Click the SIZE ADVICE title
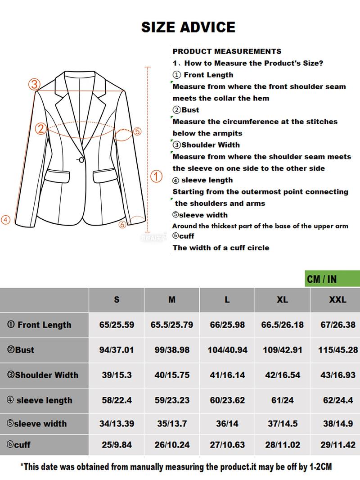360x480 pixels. point(188,27)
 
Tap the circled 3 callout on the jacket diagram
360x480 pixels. point(35,84)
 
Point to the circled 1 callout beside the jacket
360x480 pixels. point(156,177)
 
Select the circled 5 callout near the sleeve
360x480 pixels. point(137,131)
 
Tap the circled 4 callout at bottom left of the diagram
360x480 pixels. point(5,220)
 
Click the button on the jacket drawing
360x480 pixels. point(81,159)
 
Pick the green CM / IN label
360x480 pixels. point(322,279)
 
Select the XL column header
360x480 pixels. point(282,300)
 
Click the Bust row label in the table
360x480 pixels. point(21,350)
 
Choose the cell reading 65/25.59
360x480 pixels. point(117,325)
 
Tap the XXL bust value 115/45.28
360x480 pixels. point(337,350)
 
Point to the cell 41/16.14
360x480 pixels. point(227,375)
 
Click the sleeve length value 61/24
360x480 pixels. point(282,400)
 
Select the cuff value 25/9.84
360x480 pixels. point(117,444)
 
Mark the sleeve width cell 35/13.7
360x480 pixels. point(172,424)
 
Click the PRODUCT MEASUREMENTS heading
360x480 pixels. point(227,51)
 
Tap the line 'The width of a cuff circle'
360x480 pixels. point(220,248)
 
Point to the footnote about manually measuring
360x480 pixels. point(176,467)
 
